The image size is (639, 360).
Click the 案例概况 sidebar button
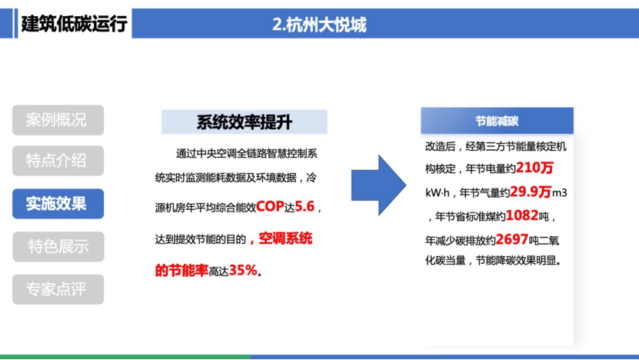click(x=58, y=120)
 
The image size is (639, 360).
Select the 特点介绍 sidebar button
click(x=58, y=161)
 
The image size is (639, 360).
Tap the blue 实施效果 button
click(x=58, y=203)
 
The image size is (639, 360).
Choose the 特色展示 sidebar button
click(x=58, y=247)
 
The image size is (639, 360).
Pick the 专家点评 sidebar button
click(x=58, y=289)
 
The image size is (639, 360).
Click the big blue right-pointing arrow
click(x=378, y=185)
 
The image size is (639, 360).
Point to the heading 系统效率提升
click(x=244, y=122)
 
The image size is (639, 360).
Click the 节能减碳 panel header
click(x=497, y=121)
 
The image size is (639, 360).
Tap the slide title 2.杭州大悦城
click(x=319, y=25)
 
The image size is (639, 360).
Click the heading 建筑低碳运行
click(x=74, y=24)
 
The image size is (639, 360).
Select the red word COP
click(x=270, y=206)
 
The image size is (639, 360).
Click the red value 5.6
click(x=305, y=206)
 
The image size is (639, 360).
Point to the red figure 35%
click(x=243, y=270)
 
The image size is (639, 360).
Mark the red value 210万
click(x=534, y=168)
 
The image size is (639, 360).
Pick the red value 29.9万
click(x=531, y=192)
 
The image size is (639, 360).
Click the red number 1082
click(x=522, y=215)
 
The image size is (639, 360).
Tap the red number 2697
click(x=512, y=239)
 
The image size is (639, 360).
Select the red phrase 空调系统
click(x=285, y=238)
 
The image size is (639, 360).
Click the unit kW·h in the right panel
click(x=438, y=192)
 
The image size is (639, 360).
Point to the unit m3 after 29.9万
click(x=560, y=192)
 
